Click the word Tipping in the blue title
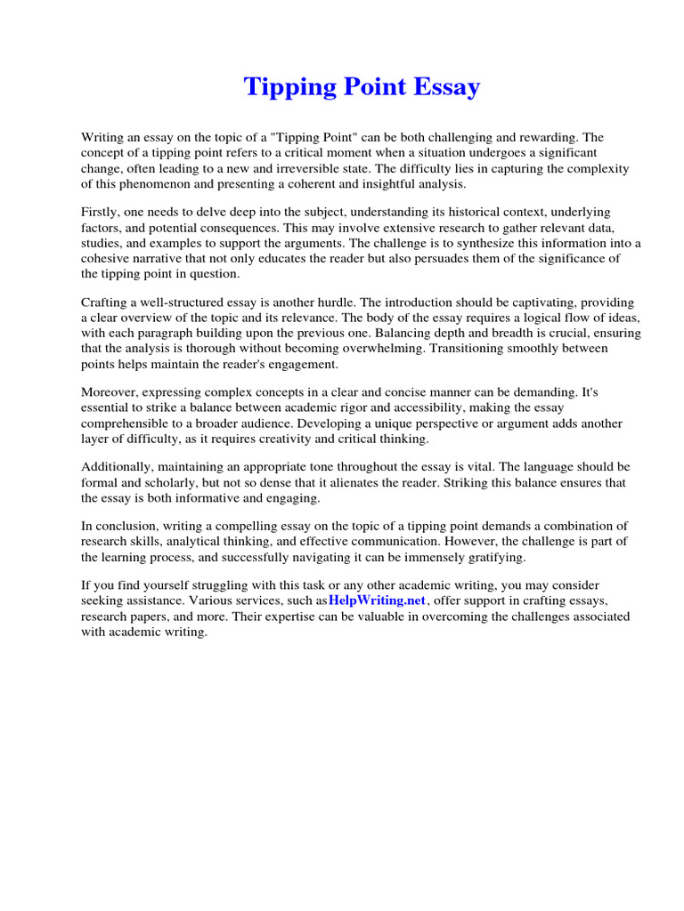(286, 87)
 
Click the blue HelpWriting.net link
(378, 601)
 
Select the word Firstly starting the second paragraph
(101, 212)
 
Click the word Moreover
(109, 392)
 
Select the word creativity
(310, 439)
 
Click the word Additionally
(117, 467)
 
